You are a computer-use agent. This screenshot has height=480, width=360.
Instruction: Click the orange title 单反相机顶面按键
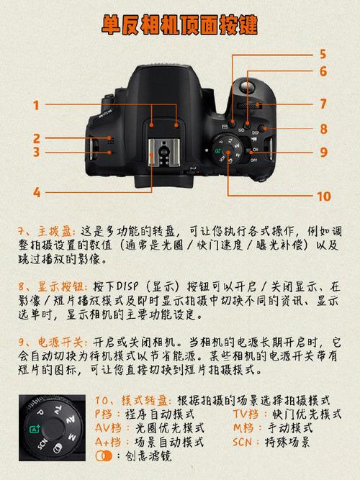click(x=179, y=24)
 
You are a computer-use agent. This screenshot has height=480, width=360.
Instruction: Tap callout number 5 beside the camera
click(x=323, y=54)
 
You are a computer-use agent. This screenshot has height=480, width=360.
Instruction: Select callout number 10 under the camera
click(x=324, y=196)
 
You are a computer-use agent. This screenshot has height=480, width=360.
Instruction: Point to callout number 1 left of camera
click(x=37, y=106)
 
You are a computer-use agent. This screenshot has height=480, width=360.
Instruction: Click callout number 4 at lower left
click(x=37, y=193)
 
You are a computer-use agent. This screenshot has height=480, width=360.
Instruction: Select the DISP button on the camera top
click(x=262, y=128)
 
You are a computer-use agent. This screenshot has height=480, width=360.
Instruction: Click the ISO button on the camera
click(x=247, y=124)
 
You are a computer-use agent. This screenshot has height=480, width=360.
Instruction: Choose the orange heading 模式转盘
click(x=145, y=400)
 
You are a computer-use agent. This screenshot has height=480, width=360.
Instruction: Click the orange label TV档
click(x=246, y=414)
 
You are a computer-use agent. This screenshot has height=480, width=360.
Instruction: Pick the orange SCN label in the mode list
click(x=242, y=442)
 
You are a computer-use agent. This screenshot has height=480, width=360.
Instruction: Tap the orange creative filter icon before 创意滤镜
click(x=104, y=456)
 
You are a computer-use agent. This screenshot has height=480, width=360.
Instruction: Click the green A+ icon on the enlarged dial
click(x=35, y=429)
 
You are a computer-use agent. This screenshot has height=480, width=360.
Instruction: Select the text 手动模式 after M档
click(x=290, y=428)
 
